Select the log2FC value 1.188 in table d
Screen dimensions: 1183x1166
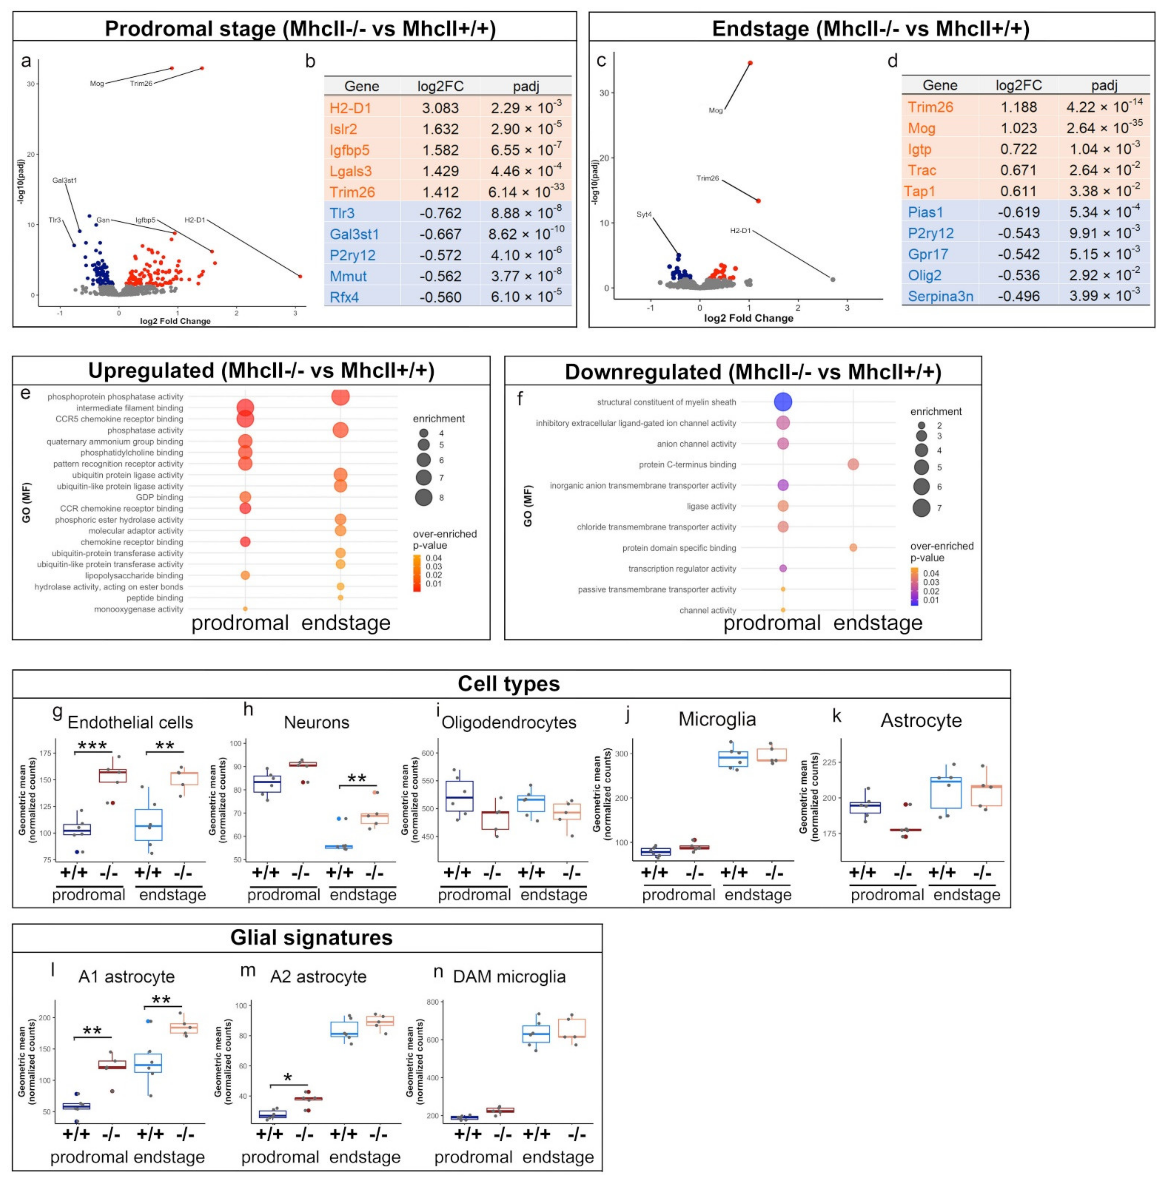click(1018, 107)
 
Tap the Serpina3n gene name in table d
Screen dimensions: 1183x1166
click(940, 296)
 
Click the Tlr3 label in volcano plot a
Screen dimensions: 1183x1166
click(55, 220)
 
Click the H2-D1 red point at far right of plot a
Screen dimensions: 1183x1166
click(300, 276)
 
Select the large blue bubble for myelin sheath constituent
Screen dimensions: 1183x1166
click(783, 402)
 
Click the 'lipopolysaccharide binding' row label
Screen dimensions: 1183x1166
click(134, 575)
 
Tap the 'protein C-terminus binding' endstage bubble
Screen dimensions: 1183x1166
click(853, 465)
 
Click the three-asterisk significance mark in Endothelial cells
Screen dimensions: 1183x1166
click(93, 746)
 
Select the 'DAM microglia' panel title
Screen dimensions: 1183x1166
click(509, 977)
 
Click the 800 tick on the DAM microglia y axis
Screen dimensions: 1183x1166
click(432, 1002)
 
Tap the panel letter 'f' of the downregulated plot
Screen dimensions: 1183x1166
click(520, 399)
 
